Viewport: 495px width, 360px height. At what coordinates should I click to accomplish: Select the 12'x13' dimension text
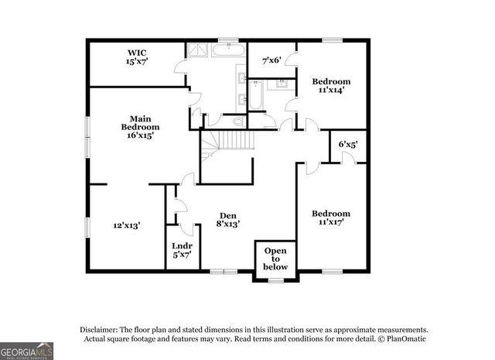click(x=127, y=225)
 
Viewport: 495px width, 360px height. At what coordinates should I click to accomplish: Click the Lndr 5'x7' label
click(x=181, y=250)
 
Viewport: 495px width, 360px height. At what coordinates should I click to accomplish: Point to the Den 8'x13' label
click(x=227, y=219)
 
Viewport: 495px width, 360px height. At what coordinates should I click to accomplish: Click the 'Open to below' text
click(x=275, y=259)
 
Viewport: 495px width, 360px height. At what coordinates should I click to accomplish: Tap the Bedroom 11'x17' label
click(x=330, y=218)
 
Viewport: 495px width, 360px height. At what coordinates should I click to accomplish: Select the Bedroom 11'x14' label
click(x=331, y=85)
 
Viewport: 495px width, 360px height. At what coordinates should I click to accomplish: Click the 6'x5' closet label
click(x=348, y=143)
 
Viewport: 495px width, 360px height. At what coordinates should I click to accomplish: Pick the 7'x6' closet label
click(x=271, y=60)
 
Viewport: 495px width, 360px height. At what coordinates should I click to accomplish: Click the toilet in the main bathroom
click(x=237, y=122)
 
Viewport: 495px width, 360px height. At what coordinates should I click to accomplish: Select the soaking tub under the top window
click(x=227, y=52)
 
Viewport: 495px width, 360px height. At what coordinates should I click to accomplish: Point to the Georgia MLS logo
click(x=27, y=349)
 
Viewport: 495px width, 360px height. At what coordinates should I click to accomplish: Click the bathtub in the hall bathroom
click(x=255, y=101)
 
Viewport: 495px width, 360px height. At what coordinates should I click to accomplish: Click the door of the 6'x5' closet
click(x=349, y=158)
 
